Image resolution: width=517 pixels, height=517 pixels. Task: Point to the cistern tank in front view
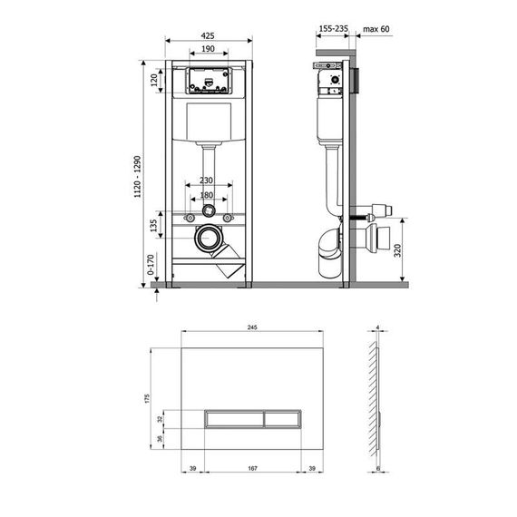210,120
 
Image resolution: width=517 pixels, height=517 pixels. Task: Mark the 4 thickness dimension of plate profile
376,328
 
